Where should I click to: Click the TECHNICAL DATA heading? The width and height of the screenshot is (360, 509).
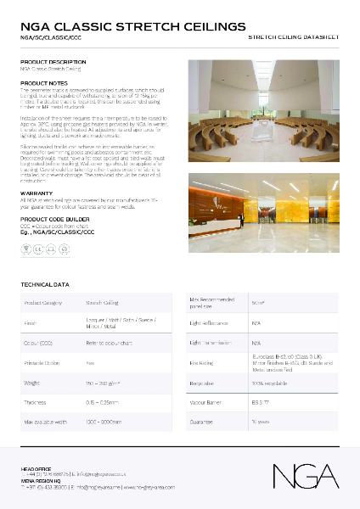tap(45, 284)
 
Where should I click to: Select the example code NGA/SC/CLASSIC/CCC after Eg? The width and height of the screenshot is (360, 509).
tap(67, 232)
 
